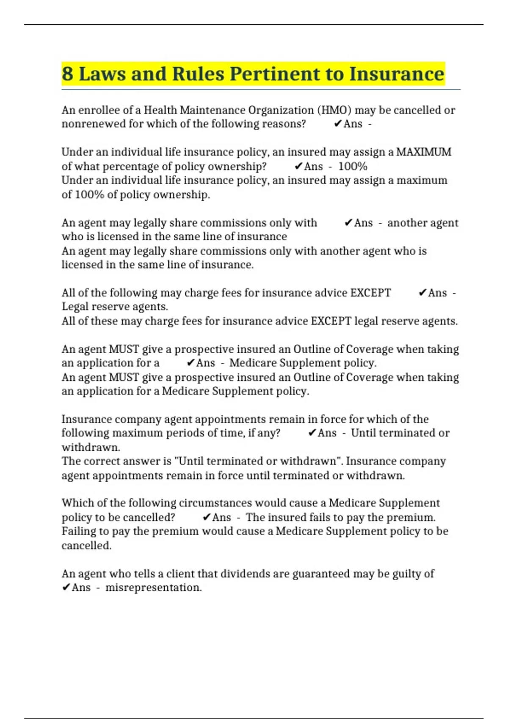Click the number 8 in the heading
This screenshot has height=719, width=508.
pyautogui.click(x=67, y=74)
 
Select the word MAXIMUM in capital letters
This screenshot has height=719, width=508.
pyautogui.click(x=423, y=152)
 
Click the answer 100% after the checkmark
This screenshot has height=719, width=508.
pyautogui.click(x=353, y=166)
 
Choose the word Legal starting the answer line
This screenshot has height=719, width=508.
pyautogui.click(x=75, y=307)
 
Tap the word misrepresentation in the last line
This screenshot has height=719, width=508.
pyautogui.click(x=153, y=587)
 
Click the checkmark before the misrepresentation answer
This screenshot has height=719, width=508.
pyautogui.click(x=66, y=587)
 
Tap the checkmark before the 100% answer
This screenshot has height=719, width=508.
pyautogui.click(x=298, y=166)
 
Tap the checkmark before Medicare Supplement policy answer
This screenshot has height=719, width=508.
pyautogui.click(x=190, y=363)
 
